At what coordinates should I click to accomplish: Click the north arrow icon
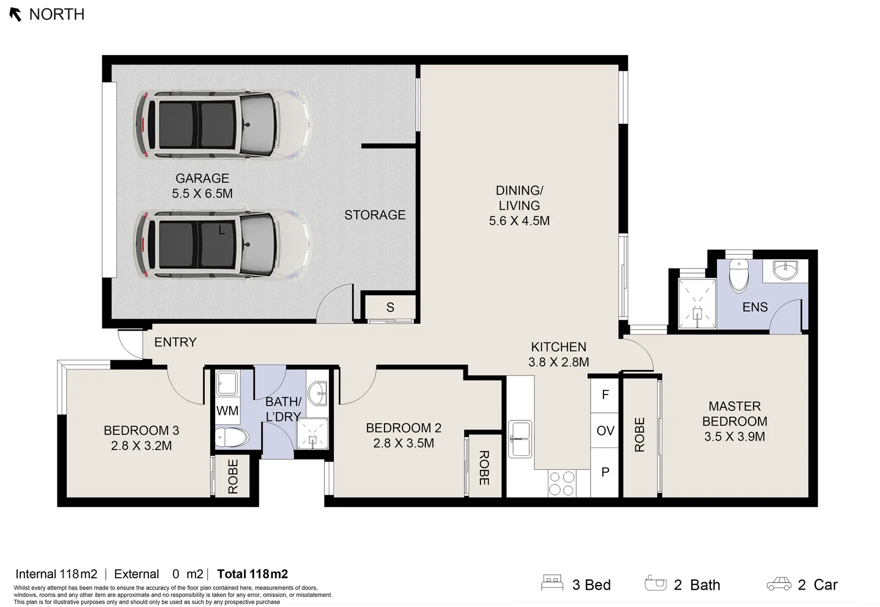(16, 15)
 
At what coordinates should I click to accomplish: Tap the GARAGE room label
(202, 178)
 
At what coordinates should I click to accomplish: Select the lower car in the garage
(222, 245)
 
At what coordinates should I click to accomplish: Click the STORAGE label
(375, 215)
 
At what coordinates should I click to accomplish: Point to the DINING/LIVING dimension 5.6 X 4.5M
(519, 221)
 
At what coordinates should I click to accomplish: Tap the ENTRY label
(175, 342)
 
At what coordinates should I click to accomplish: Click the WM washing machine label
(227, 411)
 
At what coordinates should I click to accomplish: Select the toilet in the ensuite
(738, 275)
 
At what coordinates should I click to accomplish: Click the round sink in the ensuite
(784, 270)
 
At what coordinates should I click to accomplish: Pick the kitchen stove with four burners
(562, 483)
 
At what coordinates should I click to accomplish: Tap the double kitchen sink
(520, 439)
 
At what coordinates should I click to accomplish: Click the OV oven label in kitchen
(605, 431)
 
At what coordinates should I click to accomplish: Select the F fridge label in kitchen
(605, 395)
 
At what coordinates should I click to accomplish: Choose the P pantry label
(605, 472)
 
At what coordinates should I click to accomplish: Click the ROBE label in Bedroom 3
(233, 477)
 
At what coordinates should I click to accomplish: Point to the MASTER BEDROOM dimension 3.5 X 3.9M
(734, 437)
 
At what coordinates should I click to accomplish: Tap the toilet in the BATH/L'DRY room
(232, 437)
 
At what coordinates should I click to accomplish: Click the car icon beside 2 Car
(779, 584)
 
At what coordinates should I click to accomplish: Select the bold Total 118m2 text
(252, 574)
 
